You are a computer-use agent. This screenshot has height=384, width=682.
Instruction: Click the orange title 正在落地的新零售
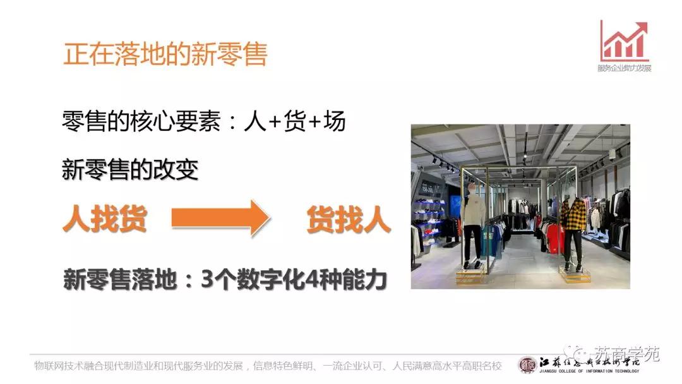165,54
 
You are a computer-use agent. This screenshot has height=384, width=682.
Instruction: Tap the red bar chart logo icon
624,41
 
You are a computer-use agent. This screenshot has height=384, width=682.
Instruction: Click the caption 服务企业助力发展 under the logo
624,68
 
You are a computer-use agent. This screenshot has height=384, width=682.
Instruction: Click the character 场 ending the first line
334,121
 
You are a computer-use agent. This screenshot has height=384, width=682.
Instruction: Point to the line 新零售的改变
130,169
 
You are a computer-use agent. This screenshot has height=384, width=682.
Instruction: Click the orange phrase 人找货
105,219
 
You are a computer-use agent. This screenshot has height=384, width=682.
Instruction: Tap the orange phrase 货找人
349,219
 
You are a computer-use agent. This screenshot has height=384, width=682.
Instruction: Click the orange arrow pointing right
221,219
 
